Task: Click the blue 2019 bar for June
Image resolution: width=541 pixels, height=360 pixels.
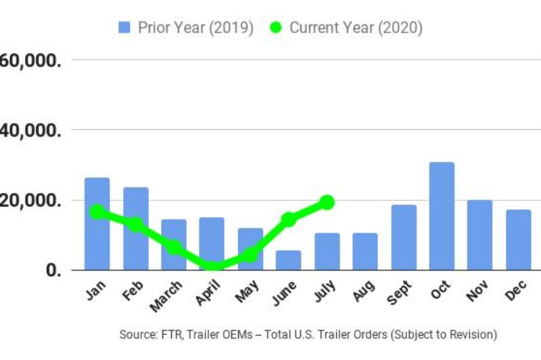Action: point(288,260)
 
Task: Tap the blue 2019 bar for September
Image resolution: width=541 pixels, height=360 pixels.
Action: point(404,237)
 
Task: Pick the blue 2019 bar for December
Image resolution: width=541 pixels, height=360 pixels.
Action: point(519,240)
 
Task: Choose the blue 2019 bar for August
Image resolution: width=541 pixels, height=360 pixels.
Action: point(365,251)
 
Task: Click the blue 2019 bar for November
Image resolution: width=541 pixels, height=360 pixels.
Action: point(480,235)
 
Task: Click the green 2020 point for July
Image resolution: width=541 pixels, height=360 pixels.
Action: point(327,202)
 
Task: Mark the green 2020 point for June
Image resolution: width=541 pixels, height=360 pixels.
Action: point(289,219)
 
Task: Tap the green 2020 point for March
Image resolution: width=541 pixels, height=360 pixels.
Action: point(174,248)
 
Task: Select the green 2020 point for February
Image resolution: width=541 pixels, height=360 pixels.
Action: point(135,224)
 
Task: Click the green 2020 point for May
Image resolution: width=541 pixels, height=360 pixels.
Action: point(250,254)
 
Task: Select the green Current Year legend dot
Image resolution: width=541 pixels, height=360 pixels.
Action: point(276,28)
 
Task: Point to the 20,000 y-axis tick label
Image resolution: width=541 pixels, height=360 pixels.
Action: point(30,200)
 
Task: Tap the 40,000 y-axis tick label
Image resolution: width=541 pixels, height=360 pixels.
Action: point(30,130)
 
